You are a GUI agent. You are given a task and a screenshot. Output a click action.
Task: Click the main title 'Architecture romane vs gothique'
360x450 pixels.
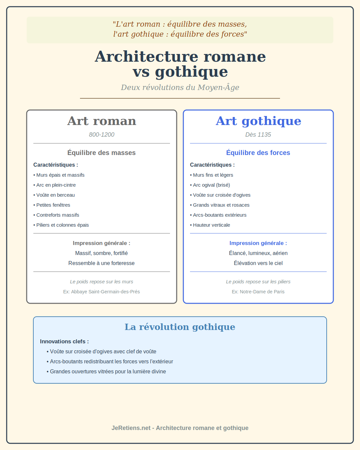180,64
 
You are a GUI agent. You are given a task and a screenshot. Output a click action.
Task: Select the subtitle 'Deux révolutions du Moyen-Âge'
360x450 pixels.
180,87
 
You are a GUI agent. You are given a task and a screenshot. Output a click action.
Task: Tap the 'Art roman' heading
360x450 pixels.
102,121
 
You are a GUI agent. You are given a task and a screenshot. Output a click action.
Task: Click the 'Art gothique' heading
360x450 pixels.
258,121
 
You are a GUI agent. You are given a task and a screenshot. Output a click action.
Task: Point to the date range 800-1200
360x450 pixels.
102,135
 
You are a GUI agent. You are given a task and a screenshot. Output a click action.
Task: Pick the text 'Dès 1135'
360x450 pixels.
258,135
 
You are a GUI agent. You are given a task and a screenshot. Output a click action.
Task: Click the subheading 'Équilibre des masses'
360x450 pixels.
102,153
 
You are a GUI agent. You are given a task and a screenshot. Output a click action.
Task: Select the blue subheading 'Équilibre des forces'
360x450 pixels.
258,153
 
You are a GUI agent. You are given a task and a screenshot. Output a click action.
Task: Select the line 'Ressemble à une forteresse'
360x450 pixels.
102,263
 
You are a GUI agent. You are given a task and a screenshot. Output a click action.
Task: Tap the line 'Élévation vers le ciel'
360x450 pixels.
258,263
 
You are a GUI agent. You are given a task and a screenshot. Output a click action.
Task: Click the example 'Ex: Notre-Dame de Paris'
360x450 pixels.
258,292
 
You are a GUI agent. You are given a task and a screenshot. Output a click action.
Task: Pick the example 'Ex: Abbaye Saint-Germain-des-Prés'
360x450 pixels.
102,292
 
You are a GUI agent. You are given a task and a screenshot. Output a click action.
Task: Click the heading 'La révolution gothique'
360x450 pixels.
180,327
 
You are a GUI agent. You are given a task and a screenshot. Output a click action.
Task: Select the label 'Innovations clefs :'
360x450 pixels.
64,341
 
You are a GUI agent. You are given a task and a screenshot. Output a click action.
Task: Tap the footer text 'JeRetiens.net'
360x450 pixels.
131,428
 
